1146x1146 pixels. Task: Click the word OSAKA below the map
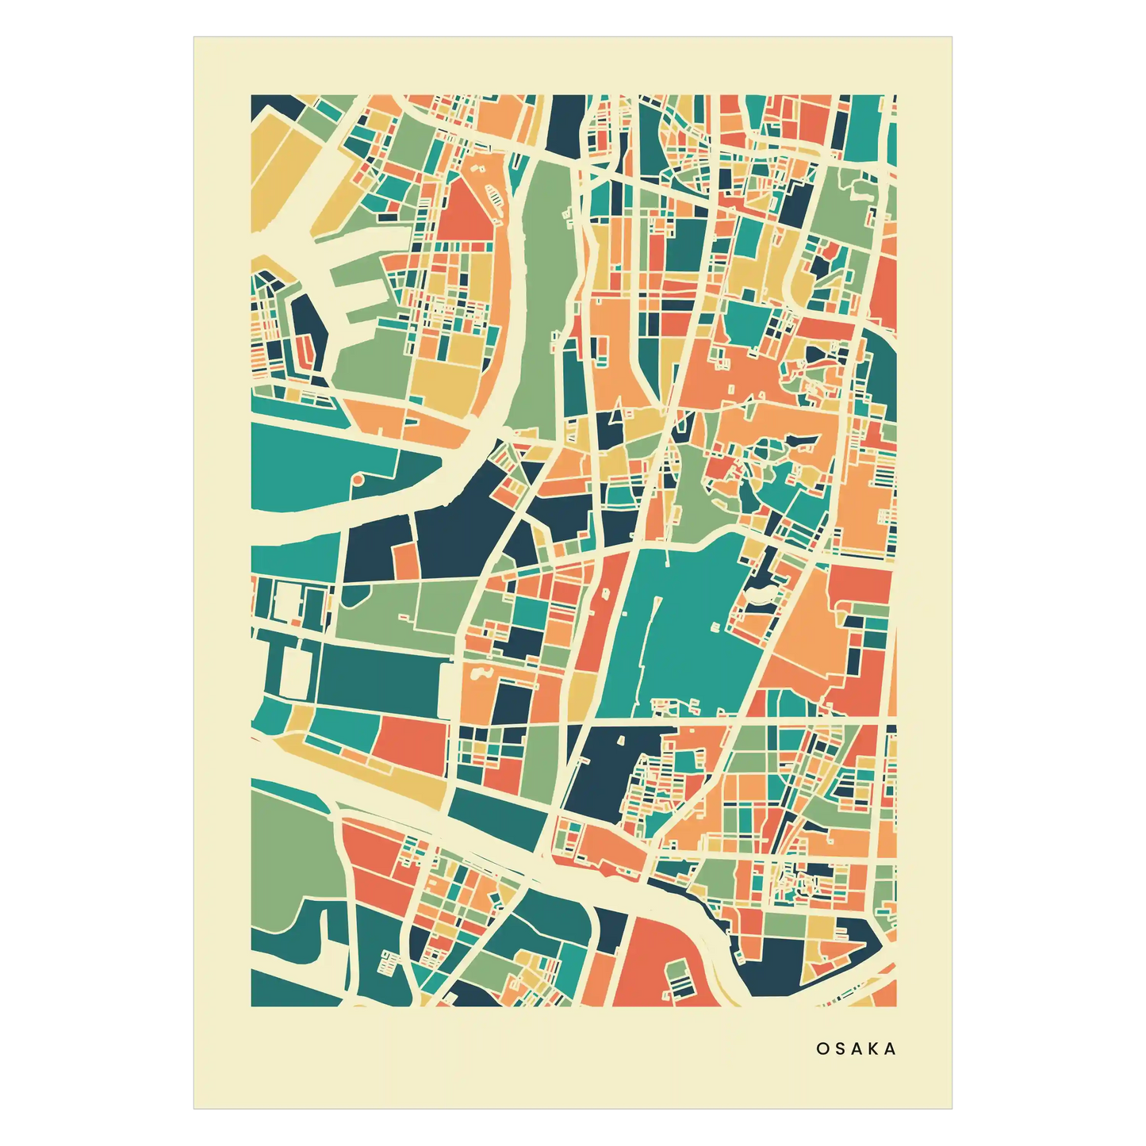[856, 1048]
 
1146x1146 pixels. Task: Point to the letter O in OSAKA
[822, 1048]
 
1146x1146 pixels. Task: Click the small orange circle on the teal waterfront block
[358, 480]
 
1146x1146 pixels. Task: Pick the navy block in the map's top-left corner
[274, 105]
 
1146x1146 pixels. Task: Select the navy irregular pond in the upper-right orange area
[817, 354]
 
